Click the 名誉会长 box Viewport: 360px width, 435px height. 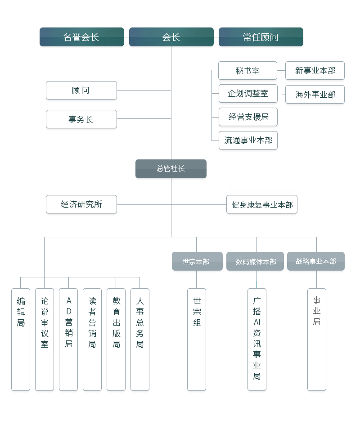pos(81,37)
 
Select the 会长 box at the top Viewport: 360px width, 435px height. pos(171,37)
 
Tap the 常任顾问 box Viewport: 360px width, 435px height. pos(261,37)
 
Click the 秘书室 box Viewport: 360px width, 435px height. pos(247,71)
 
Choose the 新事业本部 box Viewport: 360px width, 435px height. pos(315,71)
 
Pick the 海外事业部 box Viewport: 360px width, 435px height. pos(315,95)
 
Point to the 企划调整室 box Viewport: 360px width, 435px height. pos(247,94)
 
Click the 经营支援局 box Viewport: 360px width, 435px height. pos(247,117)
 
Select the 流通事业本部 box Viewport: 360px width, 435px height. pos(247,140)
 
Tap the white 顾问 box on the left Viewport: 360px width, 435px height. pos(81,91)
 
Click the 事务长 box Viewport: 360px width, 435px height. pos(81,119)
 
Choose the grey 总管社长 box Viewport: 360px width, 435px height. pos(171,169)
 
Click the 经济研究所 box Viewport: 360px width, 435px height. pos(81,204)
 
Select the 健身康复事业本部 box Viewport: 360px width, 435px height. pos(261,204)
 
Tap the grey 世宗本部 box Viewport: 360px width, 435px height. pos(197,261)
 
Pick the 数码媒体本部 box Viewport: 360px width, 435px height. pos(255,261)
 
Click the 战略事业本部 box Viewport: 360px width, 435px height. pos(315,261)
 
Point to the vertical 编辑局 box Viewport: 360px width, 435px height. pos(21,339)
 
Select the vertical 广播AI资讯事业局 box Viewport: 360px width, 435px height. pos(256,339)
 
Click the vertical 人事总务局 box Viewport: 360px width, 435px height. pos(139,339)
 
